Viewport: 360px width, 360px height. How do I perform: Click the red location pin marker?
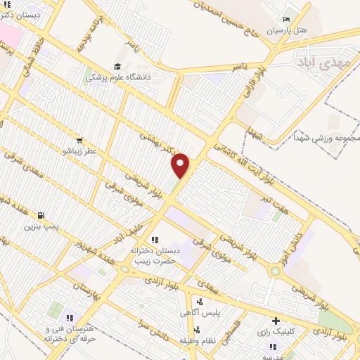coord(181,165)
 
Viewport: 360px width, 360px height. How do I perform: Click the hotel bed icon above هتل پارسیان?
coord(285,19)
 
